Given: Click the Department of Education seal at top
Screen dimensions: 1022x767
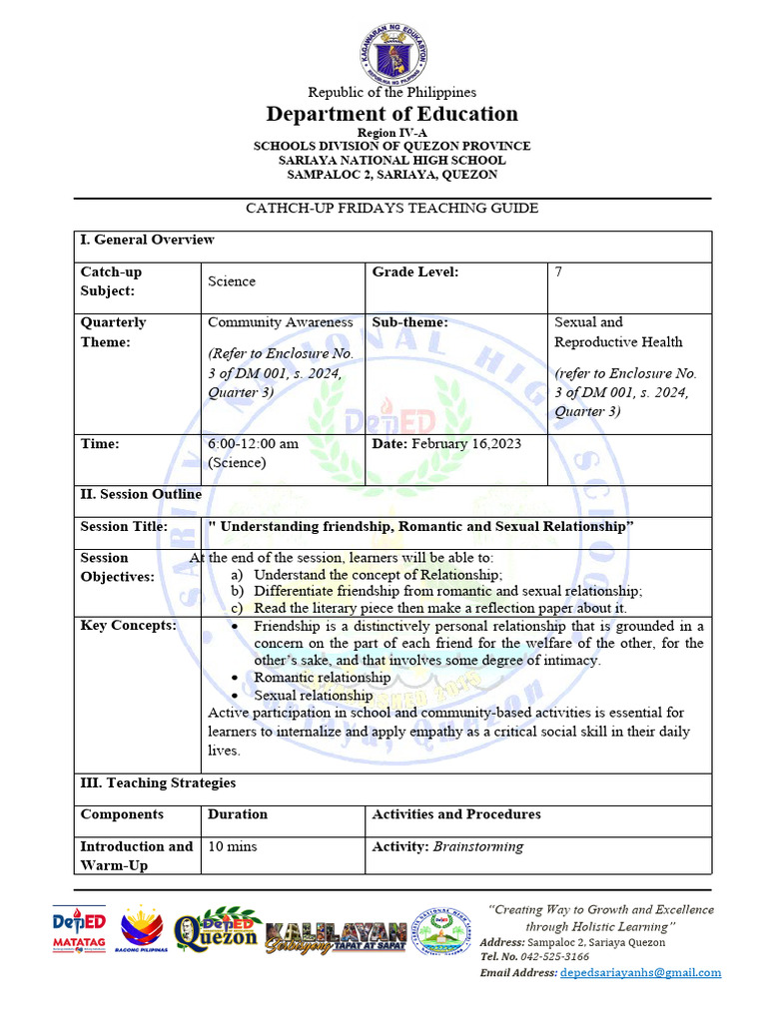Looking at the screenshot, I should point(391,54).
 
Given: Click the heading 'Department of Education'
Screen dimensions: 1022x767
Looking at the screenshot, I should point(391,114).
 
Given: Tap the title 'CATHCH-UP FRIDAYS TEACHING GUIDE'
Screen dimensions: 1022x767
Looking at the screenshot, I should point(391,209).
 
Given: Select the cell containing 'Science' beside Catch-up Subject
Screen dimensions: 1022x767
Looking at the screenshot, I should point(232,281).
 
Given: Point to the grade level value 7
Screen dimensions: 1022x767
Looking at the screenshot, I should point(558,272).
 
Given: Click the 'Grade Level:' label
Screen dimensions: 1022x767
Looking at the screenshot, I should point(415,272).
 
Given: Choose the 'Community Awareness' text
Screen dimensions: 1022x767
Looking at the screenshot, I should point(280,322).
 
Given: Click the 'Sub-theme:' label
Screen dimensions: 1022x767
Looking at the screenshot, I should point(409,322).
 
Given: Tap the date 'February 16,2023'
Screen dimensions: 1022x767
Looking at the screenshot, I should point(465,443).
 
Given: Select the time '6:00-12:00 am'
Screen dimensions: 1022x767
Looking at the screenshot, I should point(253,443).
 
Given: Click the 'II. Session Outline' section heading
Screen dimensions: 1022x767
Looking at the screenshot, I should point(141,494).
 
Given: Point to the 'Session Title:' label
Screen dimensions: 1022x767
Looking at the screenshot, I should point(124,526).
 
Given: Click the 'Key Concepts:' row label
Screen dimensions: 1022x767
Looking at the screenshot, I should point(128,625).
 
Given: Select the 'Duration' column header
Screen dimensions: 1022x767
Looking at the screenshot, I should point(238,814).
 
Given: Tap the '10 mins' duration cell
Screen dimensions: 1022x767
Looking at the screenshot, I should point(232,846).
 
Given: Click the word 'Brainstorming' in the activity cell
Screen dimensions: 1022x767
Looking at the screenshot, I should point(477,846).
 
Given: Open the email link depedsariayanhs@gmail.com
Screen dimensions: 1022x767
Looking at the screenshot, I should point(640,972).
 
